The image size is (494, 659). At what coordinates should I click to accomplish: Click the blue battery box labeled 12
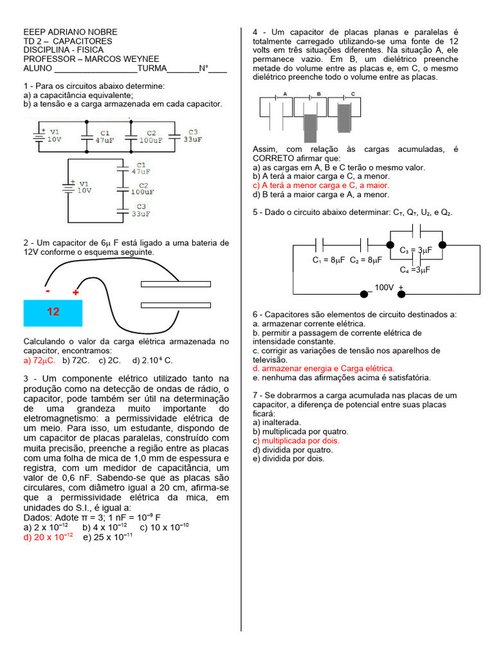53,312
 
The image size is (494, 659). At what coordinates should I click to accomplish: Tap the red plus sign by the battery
75,293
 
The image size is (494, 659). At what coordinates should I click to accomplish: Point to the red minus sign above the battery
48,291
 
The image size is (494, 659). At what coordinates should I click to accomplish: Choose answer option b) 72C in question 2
75,360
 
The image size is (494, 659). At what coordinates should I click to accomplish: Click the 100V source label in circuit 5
384,287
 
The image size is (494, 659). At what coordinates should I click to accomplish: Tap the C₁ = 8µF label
329,261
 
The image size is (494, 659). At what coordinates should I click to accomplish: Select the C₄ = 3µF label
415,270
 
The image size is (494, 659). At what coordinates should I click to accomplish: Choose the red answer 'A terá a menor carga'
321,185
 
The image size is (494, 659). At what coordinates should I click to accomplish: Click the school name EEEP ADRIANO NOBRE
70,32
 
